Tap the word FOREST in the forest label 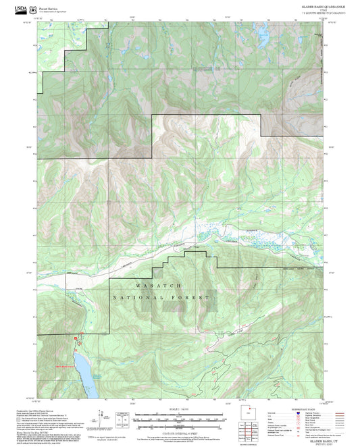pos(193,298)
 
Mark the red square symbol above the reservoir pos(75,337)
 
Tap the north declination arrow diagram pos(102,414)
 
